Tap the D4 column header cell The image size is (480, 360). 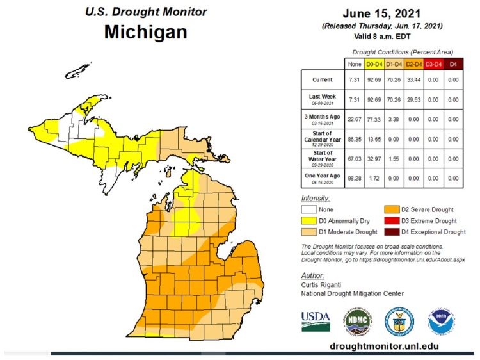coord(453,64)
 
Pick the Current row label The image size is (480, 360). coord(322,80)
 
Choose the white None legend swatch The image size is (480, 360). coord(310,209)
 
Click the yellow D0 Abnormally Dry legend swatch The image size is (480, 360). coord(310,220)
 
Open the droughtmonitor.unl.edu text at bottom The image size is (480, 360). coord(384,346)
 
